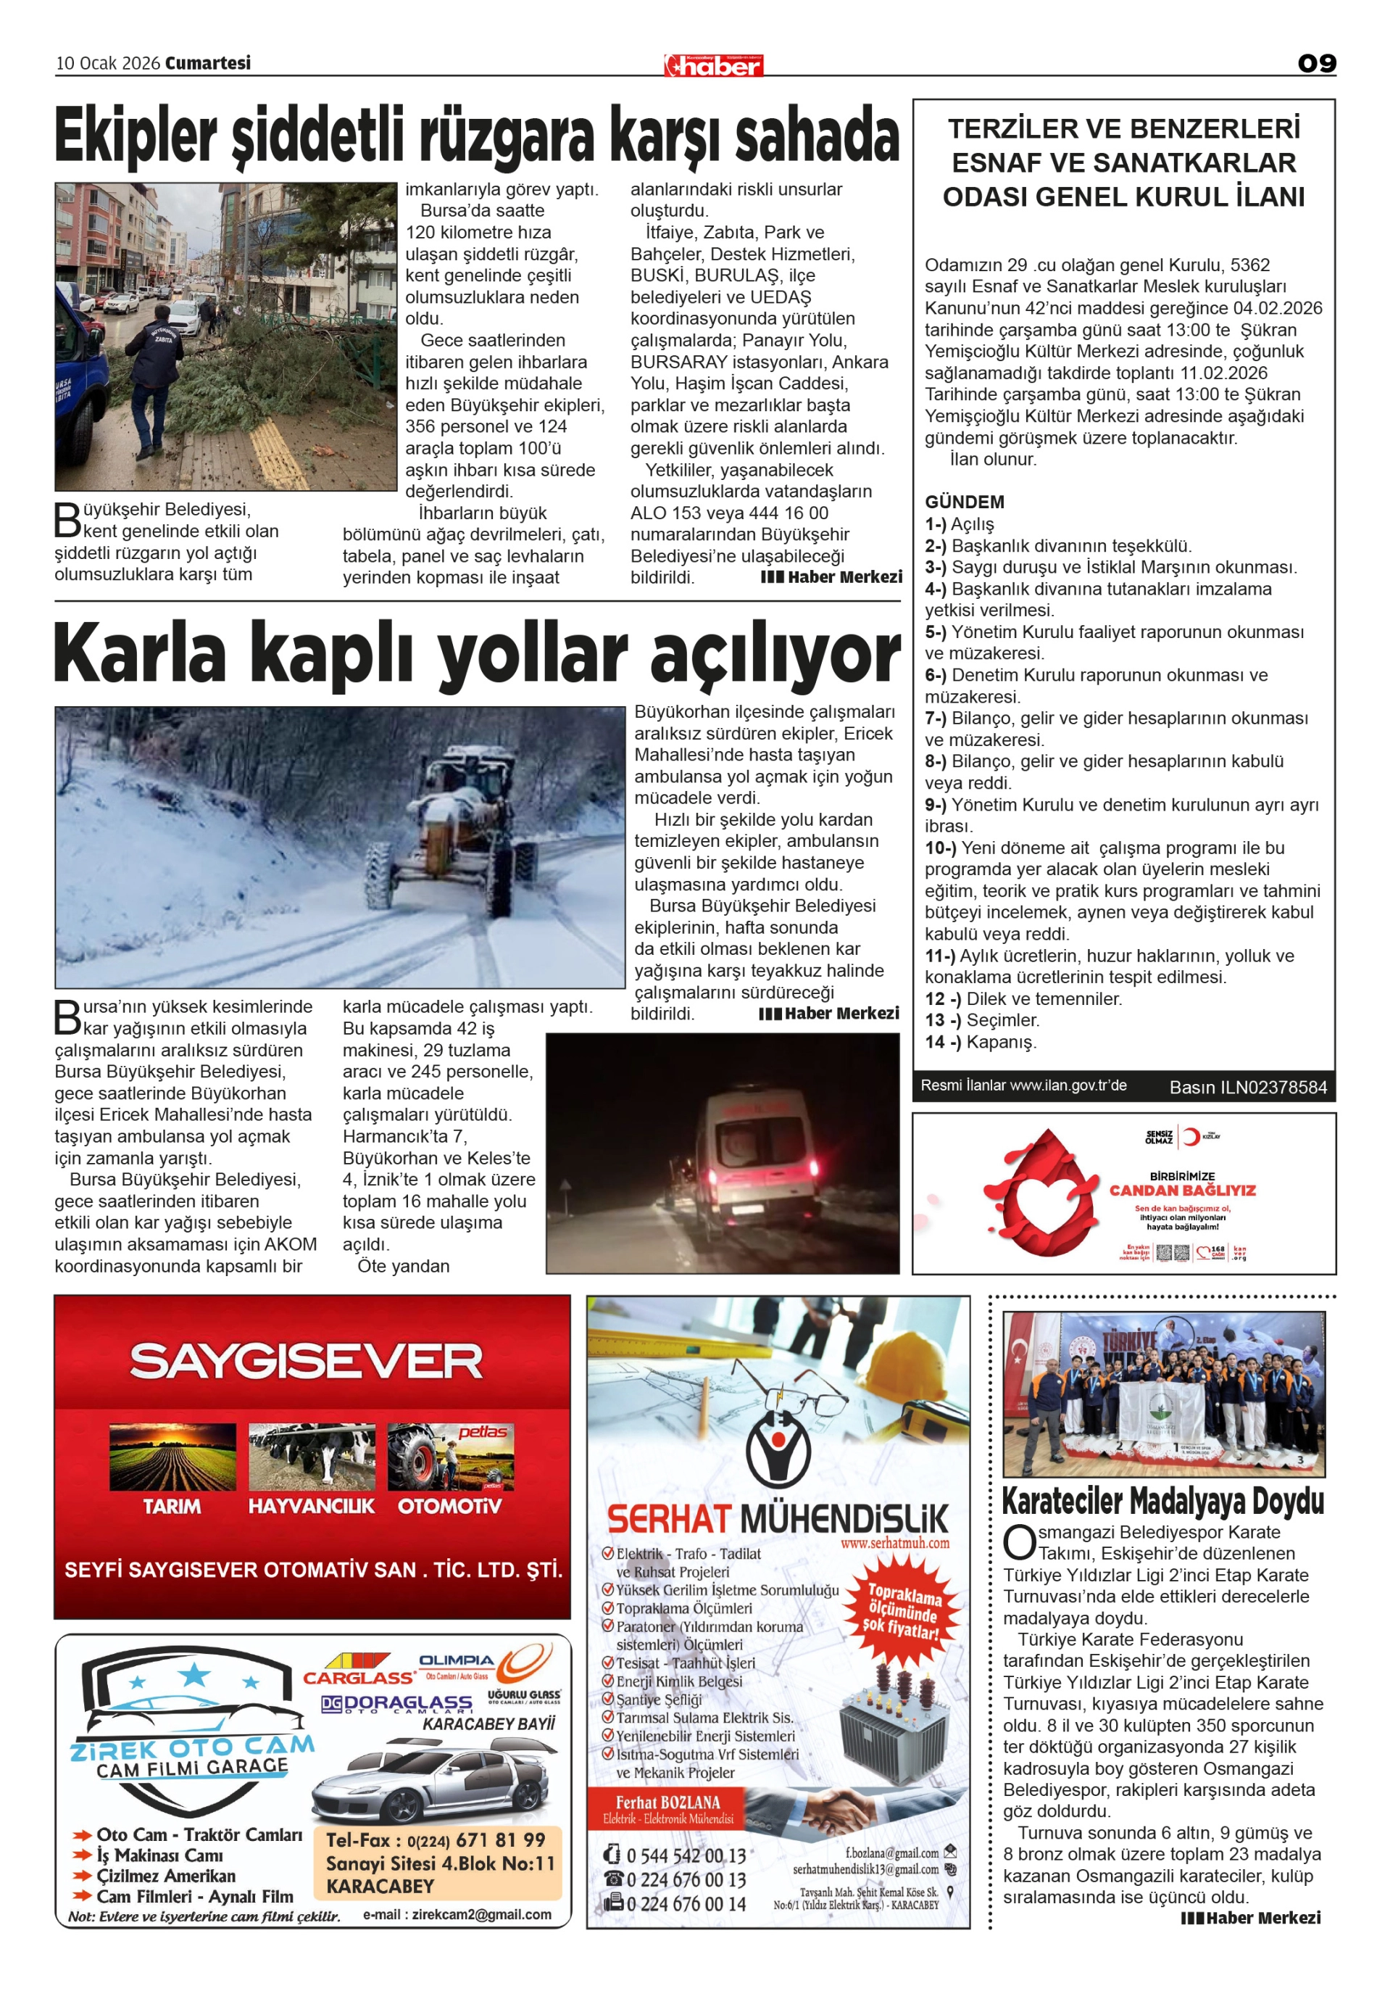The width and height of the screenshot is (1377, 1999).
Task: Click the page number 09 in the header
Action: coord(1317,63)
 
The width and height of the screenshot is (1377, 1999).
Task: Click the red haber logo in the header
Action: coord(714,65)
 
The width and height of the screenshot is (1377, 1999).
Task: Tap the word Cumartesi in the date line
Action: coord(208,63)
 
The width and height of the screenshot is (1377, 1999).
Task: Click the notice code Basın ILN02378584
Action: coord(1247,1088)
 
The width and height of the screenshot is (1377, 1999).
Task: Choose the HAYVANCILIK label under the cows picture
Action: coord(312,1506)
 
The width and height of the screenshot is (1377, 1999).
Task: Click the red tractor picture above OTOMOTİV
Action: coord(450,1457)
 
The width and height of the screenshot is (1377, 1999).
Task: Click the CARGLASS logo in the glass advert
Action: coord(358,1677)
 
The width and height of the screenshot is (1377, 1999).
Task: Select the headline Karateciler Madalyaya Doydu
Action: coord(1162,1501)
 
